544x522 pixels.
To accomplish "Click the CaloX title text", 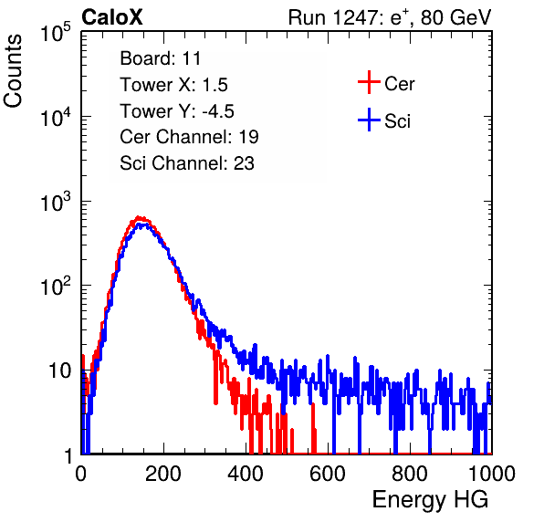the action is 112,17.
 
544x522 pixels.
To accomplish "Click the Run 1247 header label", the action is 390,17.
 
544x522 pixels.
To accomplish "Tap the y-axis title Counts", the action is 13,71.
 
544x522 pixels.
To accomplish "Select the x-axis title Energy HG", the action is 430,500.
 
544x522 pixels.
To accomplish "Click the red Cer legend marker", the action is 369,82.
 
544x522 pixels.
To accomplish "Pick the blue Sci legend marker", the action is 369,120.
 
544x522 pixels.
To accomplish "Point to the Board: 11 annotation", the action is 161,58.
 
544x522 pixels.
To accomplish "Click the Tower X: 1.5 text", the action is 173,85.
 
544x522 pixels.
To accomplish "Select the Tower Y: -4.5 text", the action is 177,111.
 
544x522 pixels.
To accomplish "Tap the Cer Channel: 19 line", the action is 189,137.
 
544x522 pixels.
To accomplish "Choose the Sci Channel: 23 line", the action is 187,163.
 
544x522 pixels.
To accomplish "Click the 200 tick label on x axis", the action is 163,474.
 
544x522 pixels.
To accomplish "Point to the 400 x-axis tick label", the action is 246,474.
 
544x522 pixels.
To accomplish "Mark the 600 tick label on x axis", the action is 328,474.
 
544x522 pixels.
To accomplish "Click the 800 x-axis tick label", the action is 410,474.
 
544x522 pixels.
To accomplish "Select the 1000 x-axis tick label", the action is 492,474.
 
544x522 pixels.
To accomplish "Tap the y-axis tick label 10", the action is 60,371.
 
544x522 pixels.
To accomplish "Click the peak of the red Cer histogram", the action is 139,217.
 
